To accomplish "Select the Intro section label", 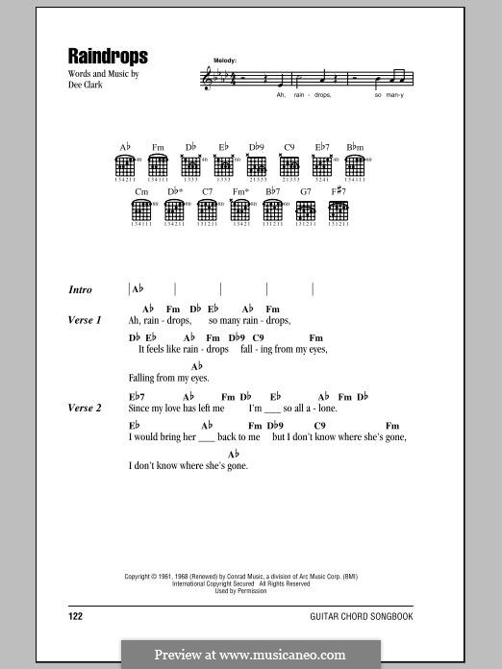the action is (x=80, y=289).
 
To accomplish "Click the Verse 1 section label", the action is (x=85, y=320).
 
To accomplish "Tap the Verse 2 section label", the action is (x=85, y=409).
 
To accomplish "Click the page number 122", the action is (x=76, y=613).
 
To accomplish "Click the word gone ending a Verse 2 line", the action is (x=395, y=437).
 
